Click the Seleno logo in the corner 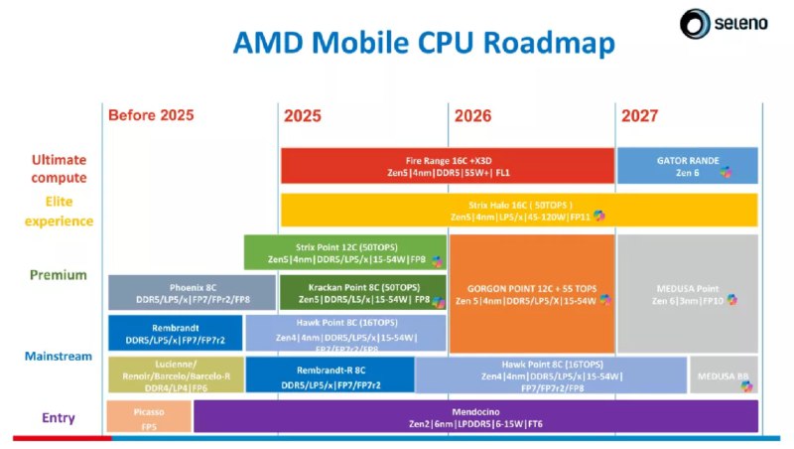point(727,23)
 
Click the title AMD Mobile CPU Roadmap point(424,44)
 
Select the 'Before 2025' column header point(151,115)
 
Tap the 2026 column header point(479,115)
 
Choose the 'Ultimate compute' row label point(59,168)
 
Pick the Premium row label point(59,275)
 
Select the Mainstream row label point(59,356)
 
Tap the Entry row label point(59,418)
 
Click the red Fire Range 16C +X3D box point(448,165)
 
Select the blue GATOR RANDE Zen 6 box point(688,165)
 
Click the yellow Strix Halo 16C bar point(519,210)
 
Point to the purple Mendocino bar point(475,416)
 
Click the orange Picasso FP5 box point(149,416)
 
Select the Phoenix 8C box point(175,292)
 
